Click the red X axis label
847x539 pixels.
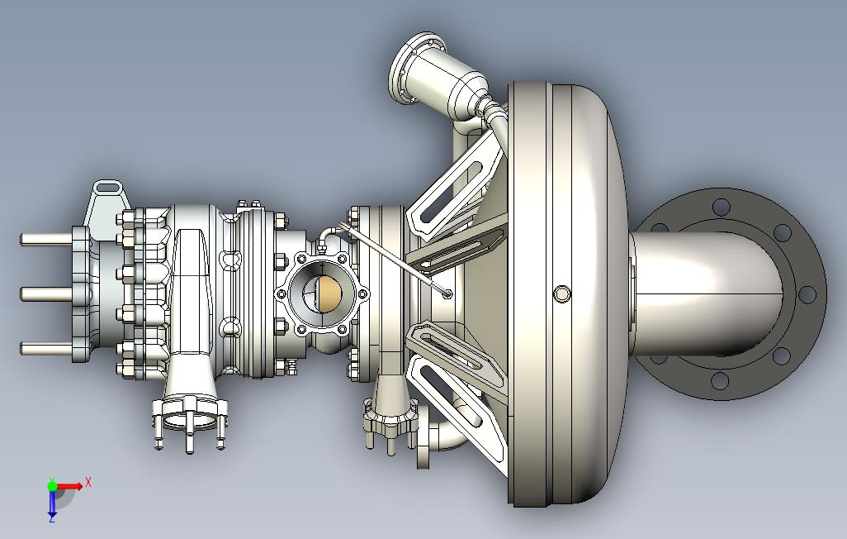click(88, 482)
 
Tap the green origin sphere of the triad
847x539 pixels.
click(52, 485)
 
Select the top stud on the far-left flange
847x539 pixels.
click(46, 239)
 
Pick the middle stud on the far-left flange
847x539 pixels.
click(46, 294)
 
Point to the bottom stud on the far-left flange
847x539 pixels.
click(46, 348)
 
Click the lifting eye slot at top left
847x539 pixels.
click(108, 187)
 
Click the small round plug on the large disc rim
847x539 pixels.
click(562, 293)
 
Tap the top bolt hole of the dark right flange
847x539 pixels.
click(722, 206)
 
